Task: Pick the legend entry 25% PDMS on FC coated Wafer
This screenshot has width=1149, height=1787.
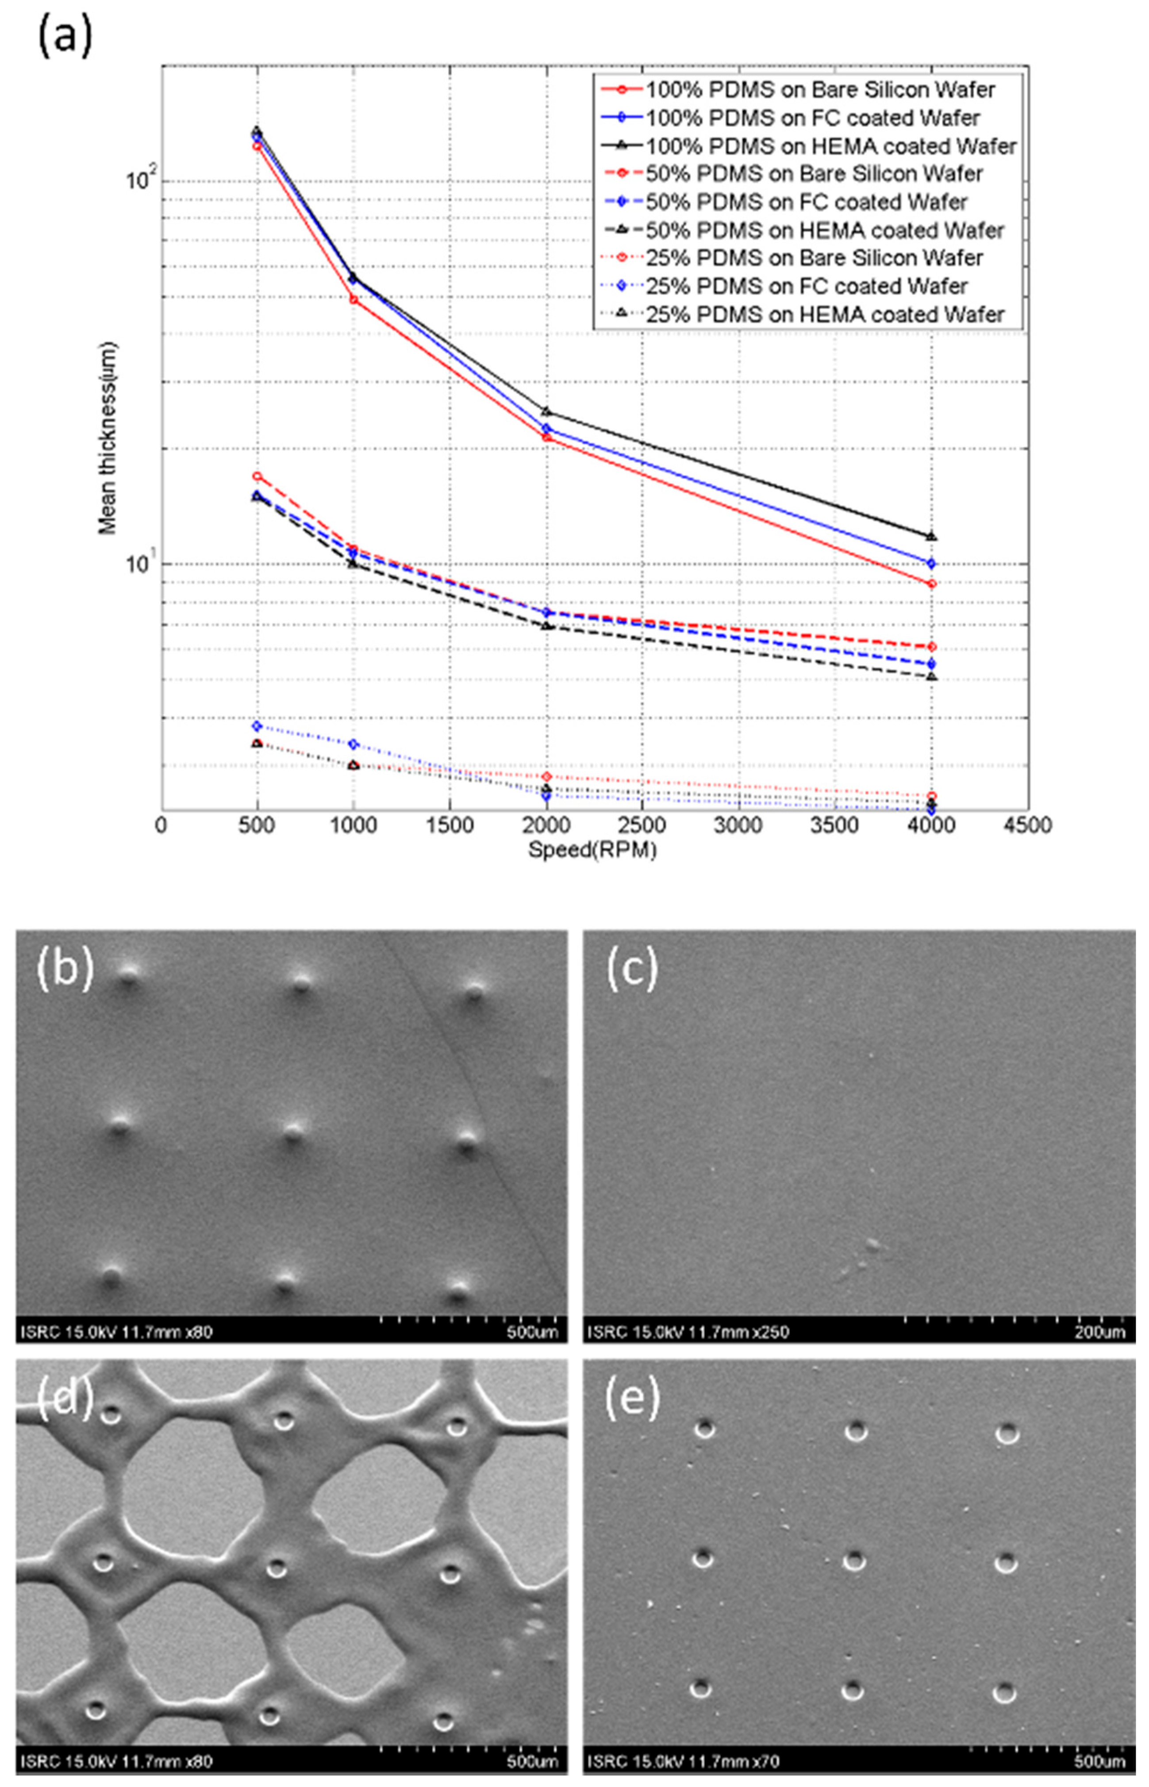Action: click(806, 286)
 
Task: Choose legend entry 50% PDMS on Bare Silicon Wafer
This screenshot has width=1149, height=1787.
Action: click(813, 174)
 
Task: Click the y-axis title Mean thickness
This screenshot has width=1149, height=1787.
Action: click(108, 433)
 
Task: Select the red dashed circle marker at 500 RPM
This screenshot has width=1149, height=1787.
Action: click(257, 476)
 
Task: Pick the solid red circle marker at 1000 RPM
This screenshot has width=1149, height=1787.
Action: click(354, 299)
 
